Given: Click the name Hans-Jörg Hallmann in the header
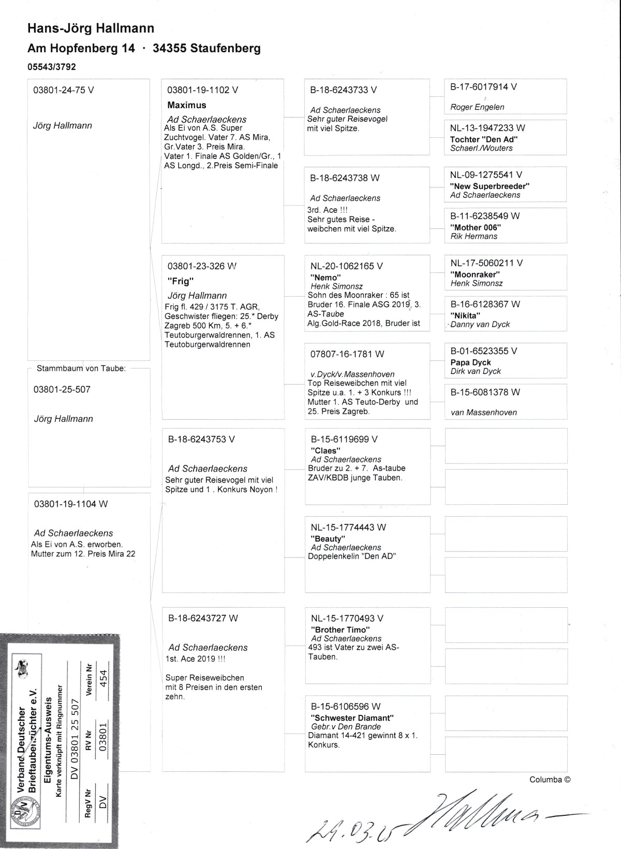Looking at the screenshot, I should (91, 28).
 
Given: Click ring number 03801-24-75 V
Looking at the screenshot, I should (64, 90).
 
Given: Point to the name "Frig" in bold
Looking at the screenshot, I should (177, 282).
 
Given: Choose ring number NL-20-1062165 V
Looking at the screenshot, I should (347, 266).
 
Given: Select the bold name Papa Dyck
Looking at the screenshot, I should (470, 362).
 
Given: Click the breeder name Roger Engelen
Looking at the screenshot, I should (477, 107).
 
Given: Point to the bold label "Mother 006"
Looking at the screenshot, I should (476, 227).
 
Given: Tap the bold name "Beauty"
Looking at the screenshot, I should (328, 539).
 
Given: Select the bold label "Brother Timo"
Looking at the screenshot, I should (340, 630).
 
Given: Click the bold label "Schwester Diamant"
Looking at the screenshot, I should (352, 718).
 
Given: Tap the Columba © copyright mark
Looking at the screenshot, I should (550, 780).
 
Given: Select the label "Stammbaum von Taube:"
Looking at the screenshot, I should (81, 369).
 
